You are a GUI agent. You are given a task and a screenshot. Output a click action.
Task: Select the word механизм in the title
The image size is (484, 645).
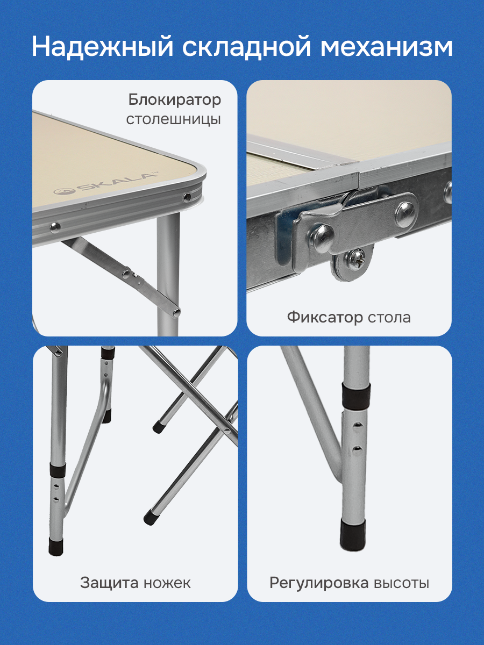pyautogui.click(x=387, y=47)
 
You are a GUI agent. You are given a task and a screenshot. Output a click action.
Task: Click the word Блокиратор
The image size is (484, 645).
pyautogui.click(x=175, y=100)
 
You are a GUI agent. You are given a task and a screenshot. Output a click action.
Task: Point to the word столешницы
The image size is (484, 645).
pyautogui.click(x=173, y=120)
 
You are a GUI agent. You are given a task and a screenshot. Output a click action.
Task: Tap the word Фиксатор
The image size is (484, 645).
pyautogui.click(x=325, y=318)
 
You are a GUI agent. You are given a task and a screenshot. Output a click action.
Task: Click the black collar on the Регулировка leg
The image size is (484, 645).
pyautogui.click(x=355, y=397)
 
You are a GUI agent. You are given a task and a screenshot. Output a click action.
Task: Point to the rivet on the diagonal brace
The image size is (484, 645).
pyautogui.click(x=127, y=274)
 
